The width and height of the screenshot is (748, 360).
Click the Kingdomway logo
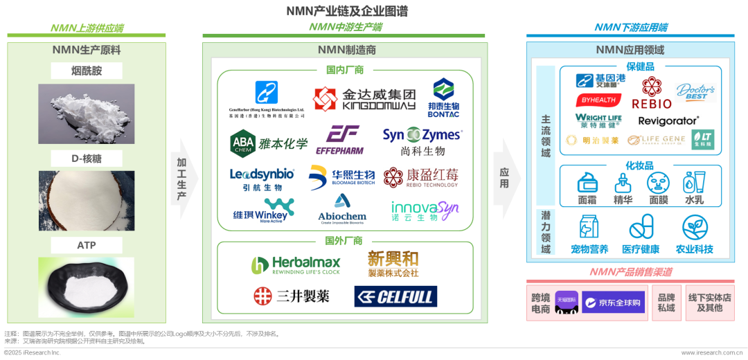[364, 99]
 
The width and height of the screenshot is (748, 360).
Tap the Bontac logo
[443, 97]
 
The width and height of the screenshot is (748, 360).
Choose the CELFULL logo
[395, 297]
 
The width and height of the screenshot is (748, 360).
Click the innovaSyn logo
[424, 210]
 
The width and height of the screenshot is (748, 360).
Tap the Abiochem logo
[342, 208]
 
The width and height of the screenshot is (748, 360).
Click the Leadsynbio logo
[262, 179]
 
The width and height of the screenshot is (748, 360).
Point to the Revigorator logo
[668, 120]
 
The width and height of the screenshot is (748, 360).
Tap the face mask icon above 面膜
[658, 183]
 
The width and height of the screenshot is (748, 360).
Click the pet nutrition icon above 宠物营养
[589, 228]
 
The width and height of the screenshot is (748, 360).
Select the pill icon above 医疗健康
[641, 228]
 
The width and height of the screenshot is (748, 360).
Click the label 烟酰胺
[87, 71]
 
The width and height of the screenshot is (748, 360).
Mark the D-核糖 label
[87, 159]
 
